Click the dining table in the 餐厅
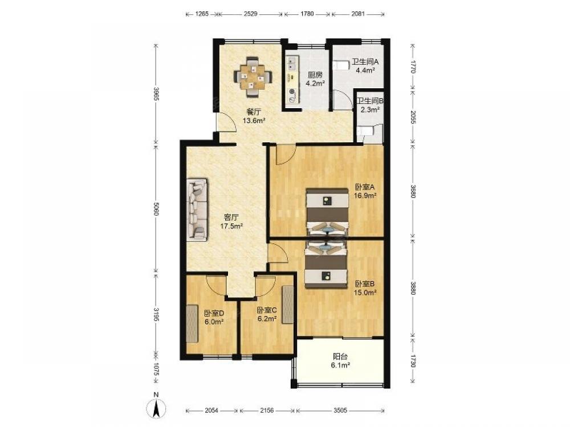[x=253, y=76]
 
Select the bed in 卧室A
[x=327, y=212]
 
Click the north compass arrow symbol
[x=156, y=407]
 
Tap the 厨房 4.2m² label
[x=315, y=79]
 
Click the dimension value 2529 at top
[x=251, y=14]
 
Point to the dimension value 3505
[x=340, y=410]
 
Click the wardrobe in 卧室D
[x=193, y=323]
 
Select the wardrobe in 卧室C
[x=287, y=305]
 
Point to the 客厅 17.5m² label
[x=231, y=221]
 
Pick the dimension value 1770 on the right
[x=413, y=67]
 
